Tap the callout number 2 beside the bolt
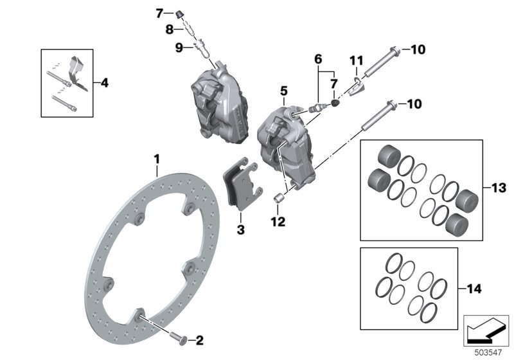(x=199, y=339)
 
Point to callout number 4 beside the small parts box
(x=105, y=83)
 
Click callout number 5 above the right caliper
(x=284, y=93)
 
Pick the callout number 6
(x=317, y=59)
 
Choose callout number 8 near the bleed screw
(x=170, y=30)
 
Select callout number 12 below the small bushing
(x=278, y=222)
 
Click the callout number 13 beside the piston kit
(x=499, y=188)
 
